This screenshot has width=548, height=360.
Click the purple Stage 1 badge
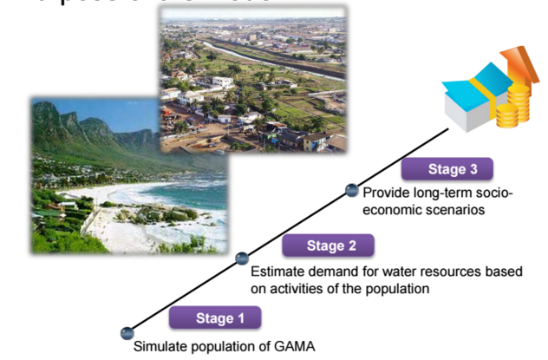[x=214, y=318]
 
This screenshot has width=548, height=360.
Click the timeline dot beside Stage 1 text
[x=127, y=331]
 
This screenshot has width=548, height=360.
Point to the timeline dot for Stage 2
[x=242, y=259]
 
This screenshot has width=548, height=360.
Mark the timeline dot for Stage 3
[x=352, y=189]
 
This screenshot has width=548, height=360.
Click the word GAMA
[x=295, y=347]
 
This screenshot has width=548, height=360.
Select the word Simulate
[x=159, y=347]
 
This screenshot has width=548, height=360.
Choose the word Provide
[x=384, y=193]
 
